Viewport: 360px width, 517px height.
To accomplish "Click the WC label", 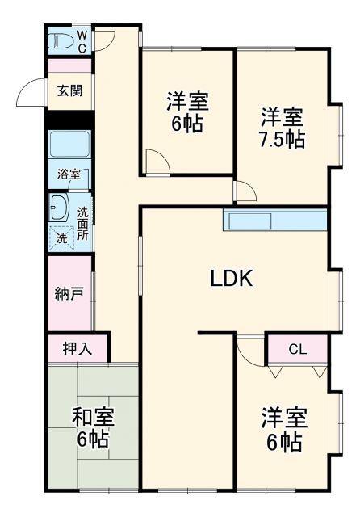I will click(x=82, y=41).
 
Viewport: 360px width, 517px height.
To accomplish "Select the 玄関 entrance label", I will click(x=69, y=90).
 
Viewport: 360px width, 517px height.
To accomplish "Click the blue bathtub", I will click(x=69, y=144).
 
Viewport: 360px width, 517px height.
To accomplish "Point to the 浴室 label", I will click(x=69, y=174).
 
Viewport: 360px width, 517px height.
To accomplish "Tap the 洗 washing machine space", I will click(x=61, y=238).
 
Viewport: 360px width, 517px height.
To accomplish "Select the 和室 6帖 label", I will click(x=93, y=428).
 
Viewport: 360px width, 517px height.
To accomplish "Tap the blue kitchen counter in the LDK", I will click(x=274, y=221).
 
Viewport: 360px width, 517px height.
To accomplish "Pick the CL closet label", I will click(x=297, y=350).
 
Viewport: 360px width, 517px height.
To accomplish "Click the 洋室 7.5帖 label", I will click(x=282, y=128).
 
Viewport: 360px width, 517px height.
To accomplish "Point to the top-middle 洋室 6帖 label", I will click(x=187, y=113).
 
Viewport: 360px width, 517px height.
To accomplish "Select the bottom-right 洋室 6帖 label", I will click(x=282, y=431).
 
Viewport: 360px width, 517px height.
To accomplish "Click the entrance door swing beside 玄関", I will click(x=32, y=93).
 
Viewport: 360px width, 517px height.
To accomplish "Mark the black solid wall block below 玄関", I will click(x=69, y=119).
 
